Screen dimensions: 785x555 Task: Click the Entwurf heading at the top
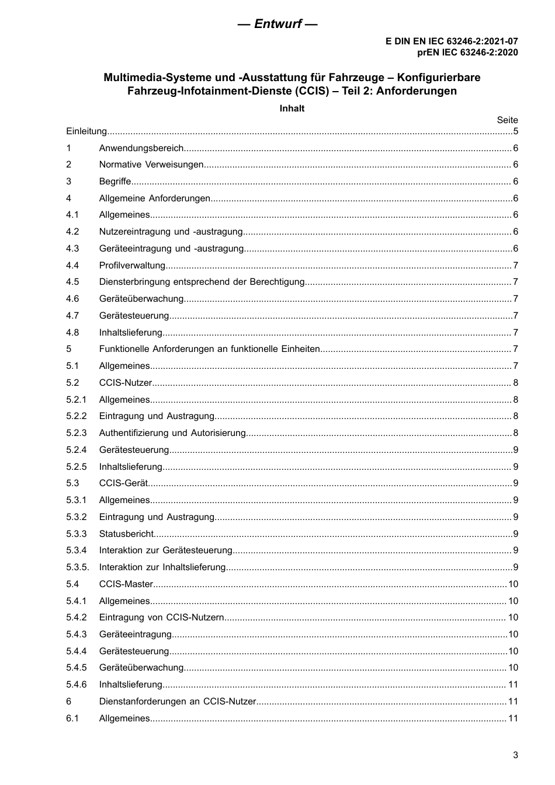(x=277, y=24)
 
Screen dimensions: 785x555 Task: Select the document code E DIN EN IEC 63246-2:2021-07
(x=451, y=41)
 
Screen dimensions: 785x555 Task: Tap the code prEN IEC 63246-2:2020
(x=467, y=52)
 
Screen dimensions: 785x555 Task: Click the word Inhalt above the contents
(x=292, y=109)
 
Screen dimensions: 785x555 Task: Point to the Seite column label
(x=507, y=120)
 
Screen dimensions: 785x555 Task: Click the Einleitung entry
(x=86, y=131)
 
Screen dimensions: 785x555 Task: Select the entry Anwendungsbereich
(x=141, y=148)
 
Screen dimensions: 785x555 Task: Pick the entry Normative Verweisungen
(x=151, y=165)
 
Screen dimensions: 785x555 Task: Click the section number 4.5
(x=72, y=282)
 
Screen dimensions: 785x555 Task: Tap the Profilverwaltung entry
(x=133, y=266)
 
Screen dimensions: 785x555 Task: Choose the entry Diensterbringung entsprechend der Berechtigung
(x=202, y=282)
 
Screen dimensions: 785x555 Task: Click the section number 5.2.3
(x=77, y=433)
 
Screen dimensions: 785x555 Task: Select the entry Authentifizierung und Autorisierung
(x=172, y=433)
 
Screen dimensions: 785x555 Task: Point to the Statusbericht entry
(x=126, y=534)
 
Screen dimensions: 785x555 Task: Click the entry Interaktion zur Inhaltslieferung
(x=162, y=567)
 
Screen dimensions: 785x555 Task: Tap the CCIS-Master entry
(x=126, y=584)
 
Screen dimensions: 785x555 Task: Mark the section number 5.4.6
(x=77, y=685)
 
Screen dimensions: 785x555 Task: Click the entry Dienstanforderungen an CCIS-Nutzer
(x=178, y=702)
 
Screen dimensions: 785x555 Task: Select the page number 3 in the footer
(x=515, y=755)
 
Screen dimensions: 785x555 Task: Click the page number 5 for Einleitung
(x=515, y=131)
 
